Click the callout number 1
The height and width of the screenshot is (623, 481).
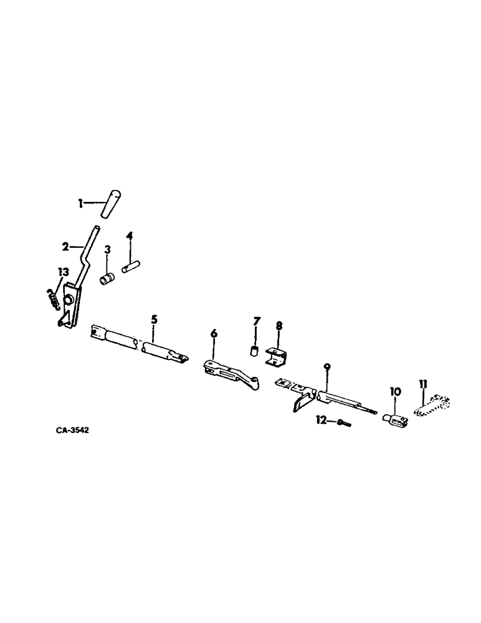click(80, 202)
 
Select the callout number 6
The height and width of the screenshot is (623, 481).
click(214, 334)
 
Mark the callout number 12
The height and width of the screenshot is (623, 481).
click(322, 421)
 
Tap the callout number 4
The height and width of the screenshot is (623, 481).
click(129, 235)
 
